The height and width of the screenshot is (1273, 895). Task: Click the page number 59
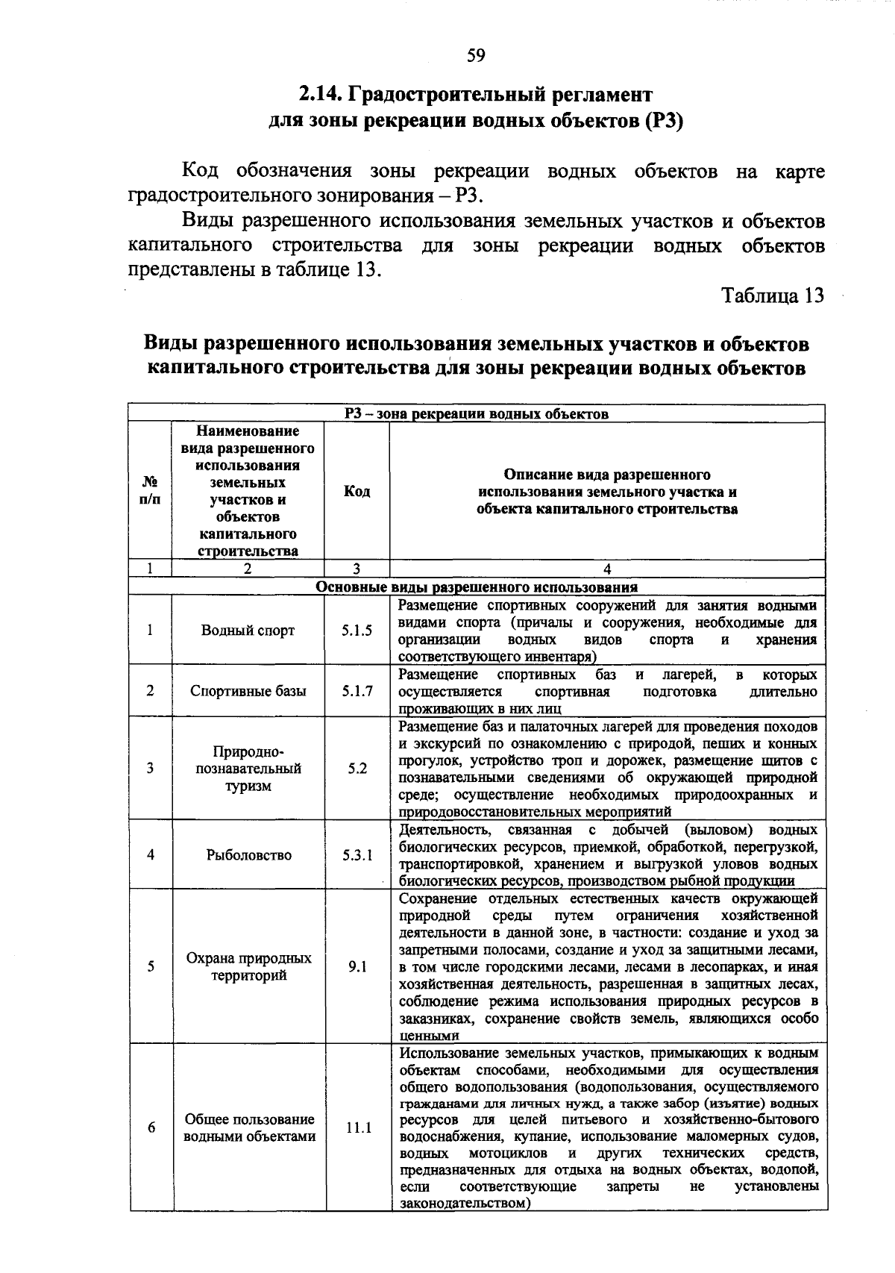coord(476,54)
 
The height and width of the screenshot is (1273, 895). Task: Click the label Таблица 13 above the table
coord(773,295)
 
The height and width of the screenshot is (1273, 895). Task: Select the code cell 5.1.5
coord(357,631)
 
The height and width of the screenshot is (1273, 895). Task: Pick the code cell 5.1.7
coord(357,691)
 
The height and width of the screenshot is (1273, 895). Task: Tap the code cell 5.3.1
coord(357,855)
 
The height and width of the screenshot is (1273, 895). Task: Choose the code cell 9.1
coord(357,966)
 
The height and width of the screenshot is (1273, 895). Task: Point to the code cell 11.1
coord(358,1127)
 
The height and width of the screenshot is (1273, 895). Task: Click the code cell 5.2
coord(357,769)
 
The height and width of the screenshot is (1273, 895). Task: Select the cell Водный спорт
coord(248,631)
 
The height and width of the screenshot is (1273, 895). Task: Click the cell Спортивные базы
coord(248,691)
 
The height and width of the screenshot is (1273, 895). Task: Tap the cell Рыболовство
coord(248,855)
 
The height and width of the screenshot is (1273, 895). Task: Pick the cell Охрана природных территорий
coord(248,966)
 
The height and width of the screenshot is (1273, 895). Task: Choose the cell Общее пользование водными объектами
coord(249,1127)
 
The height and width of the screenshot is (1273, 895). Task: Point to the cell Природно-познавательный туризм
coord(248,769)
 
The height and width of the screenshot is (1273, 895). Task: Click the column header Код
coord(357,491)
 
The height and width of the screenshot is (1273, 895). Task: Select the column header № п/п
coord(150,491)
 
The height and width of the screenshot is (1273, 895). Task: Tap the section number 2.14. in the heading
coord(321,95)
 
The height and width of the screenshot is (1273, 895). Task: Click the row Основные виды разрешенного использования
coord(477,587)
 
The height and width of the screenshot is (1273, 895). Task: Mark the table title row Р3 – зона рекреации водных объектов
coord(477,413)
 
